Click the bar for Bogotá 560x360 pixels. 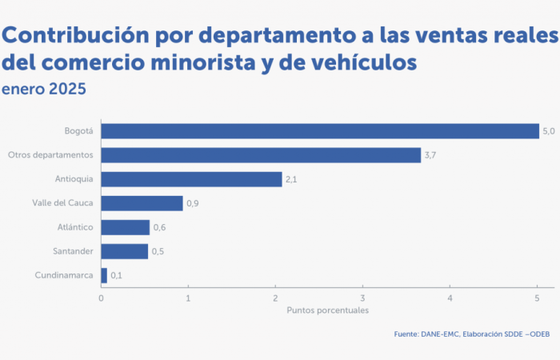[320, 131]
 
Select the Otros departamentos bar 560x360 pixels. [261, 155]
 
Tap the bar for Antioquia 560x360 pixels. [191, 179]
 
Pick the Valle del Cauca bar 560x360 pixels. [142, 203]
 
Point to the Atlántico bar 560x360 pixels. [125, 227]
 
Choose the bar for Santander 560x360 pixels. [124, 251]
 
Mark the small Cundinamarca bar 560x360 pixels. [104, 275]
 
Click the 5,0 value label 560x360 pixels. [549, 131]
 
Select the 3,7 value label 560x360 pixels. [430, 155]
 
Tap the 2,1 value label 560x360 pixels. [291, 179]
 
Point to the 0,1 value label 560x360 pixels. [117, 275]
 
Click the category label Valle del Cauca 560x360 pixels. [63, 203]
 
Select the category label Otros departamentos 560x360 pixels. [51, 155]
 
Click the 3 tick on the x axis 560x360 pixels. [362, 298]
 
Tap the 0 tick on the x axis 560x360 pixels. [101, 298]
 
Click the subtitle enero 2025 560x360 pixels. [44, 88]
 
